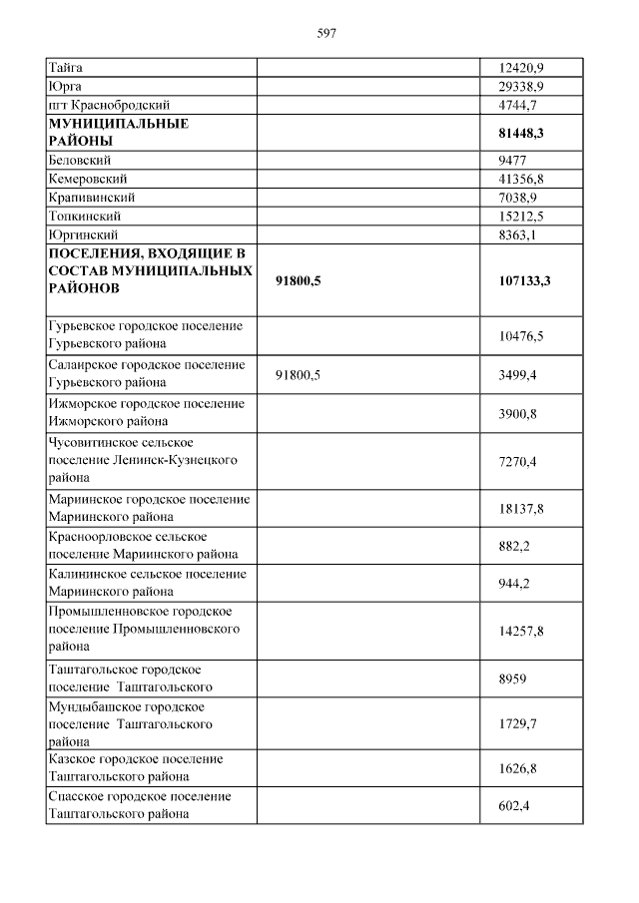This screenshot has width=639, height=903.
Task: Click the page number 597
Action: click(x=326, y=33)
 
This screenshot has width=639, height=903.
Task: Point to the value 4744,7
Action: click(x=517, y=105)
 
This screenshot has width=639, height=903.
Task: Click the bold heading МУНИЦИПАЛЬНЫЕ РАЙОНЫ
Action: click(x=119, y=133)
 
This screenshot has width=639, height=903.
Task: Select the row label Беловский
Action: click(x=79, y=160)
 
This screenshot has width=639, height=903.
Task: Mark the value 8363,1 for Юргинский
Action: click(x=517, y=235)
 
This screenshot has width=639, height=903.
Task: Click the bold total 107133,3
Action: click(x=523, y=281)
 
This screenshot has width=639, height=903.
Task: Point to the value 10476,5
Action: click(x=519, y=336)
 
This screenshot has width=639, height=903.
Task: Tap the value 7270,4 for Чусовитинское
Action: click(x=517, y=462)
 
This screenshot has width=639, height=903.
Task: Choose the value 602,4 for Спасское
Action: click(x=513, y=805)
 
